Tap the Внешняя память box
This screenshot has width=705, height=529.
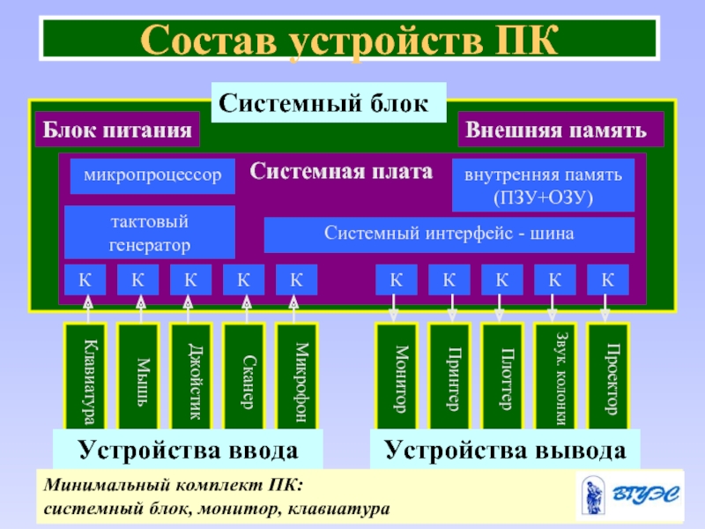click(x=561, y=130)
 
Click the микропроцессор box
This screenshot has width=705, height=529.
click(x=153, y=175)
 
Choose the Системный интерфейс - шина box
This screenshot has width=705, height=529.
click(x=449, y=235)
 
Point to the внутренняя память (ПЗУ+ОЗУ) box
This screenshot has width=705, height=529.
click(x=543, y=186)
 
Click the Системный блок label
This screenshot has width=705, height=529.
click(x=328, y=102)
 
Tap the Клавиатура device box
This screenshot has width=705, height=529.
click(x=85, y=376)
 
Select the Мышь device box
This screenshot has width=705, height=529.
click(x=138, y=376)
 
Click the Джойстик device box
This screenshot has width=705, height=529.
click(x=191, y=376)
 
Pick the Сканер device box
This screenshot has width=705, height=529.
click(x=244, y=376)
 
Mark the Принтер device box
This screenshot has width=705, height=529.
click(x=450, y=376)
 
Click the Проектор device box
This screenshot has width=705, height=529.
click(x=608, y=376)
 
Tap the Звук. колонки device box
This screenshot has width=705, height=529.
click(x=555, y=376)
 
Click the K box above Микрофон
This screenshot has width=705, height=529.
click(x=297, y=280)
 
